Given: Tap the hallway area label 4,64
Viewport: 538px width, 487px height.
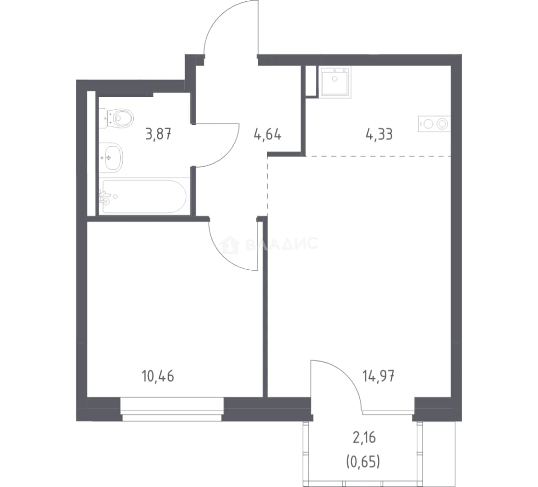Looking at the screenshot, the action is click(x=268, y=134).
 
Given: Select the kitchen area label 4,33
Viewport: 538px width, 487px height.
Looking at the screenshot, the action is click(x=379, y=134).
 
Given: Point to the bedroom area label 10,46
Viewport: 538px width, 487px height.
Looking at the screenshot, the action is click(x=158, y=377).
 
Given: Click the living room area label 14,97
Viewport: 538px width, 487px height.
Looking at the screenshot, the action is click(x=378, y=377).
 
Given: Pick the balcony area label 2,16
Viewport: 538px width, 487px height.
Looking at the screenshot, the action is click(x=365, y=437).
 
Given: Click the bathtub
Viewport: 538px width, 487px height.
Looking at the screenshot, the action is click(x=145, y=197).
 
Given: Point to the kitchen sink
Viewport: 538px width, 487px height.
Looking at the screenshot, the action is click(x=335, y=83).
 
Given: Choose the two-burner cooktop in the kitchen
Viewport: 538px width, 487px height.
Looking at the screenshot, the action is click(x=434, y=124).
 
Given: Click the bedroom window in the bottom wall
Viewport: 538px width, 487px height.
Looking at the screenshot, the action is click(x=172, y=409).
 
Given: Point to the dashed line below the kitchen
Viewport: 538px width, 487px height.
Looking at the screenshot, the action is click(x=378, y=156).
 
